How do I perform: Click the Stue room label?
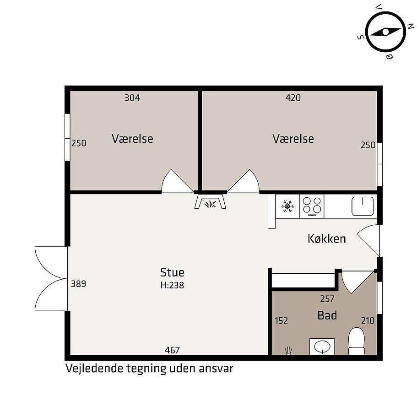172,272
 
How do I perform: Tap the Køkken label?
327,239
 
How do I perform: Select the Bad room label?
327,315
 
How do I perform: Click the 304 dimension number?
132,98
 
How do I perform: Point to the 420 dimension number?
293,98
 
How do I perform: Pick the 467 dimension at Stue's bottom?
172,350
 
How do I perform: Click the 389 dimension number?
78,284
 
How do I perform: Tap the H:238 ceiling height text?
172,285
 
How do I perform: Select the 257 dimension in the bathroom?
327,299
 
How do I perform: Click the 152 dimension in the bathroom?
282,321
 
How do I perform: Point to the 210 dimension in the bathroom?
368,321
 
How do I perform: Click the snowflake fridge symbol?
288,206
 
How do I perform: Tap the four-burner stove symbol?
312,206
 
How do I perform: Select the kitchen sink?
363,206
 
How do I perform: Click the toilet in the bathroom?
357,341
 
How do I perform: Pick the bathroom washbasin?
322,347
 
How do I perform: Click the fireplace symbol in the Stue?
211,201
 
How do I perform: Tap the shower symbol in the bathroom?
288,351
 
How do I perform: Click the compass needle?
385,32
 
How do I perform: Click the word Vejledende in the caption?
94,368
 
